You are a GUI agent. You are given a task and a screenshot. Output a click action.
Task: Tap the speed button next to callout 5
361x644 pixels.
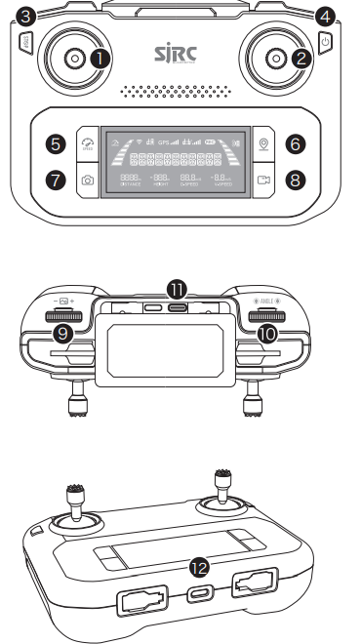[90, 143]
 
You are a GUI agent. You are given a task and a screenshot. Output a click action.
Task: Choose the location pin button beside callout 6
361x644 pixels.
[263, 143]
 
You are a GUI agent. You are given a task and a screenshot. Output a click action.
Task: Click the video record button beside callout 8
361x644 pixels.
[263, 181]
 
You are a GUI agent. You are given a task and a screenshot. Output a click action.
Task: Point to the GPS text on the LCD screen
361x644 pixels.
[167, 141]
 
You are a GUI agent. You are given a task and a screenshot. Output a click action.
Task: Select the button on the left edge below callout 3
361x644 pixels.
[24, 42]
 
